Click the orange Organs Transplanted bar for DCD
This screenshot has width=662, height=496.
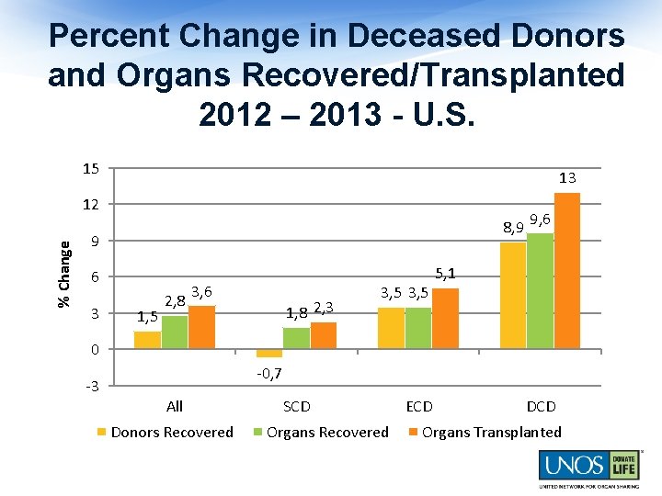[x=567, y=271]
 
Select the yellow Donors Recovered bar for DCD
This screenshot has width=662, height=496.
[x=513, y=296]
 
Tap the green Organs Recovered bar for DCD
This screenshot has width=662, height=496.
[x=541, y=291]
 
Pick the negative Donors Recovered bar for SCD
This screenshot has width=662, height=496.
[x=269, y=354]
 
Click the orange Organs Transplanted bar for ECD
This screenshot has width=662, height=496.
[x=445, y=319]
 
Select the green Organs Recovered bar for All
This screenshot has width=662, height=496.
[x=175, y=333]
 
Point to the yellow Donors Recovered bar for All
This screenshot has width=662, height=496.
[x=147, y=340]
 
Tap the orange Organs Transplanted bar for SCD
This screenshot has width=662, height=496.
[x=324, y=335]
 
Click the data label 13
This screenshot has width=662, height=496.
[x=567, y=177]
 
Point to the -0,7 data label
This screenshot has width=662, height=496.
[x=268, y=374]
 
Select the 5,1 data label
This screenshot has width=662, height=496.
[x=445, y=273]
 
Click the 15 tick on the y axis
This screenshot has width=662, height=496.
[x=90, y=169]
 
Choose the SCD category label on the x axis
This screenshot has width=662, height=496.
[x=296, y=406]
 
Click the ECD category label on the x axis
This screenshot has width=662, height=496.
[x=418, y=406]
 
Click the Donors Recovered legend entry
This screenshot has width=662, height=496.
[x=171, y=432]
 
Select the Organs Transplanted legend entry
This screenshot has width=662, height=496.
[x=491, y=432]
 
